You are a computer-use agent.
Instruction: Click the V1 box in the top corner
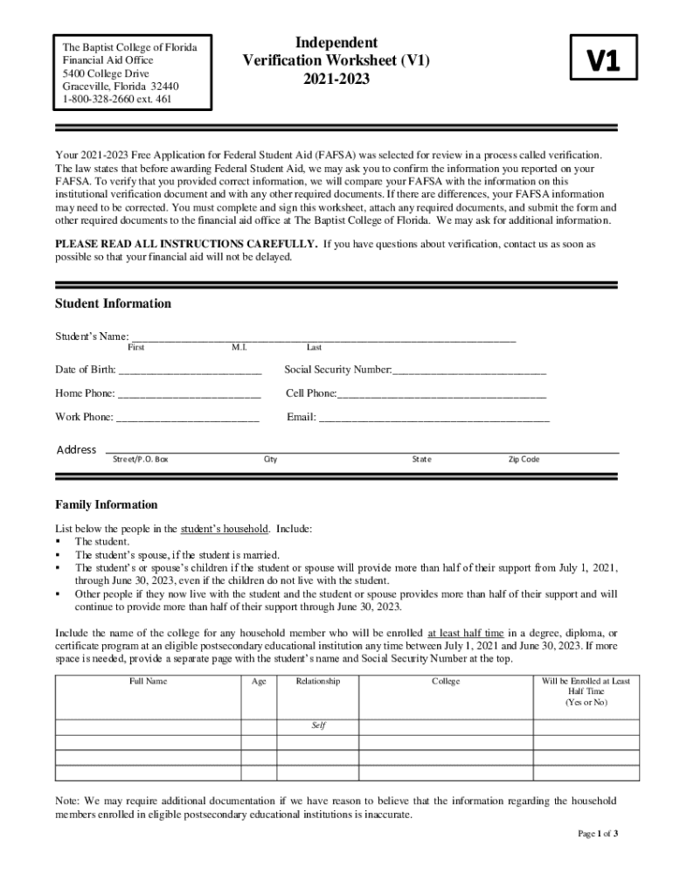602,60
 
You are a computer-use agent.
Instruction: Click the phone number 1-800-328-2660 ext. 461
117,100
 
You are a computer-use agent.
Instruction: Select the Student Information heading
113,304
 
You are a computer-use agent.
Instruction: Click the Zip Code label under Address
524,460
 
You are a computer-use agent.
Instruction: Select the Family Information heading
107,505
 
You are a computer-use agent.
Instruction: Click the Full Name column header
148,682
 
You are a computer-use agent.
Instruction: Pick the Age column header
259,682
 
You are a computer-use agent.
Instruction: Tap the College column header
446,682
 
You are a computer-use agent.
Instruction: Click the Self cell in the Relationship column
318,725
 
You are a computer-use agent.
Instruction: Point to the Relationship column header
318,682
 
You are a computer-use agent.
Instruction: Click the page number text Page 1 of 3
598,834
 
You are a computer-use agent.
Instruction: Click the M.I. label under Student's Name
239,348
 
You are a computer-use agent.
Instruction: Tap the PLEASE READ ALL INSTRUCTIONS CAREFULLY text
186,245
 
